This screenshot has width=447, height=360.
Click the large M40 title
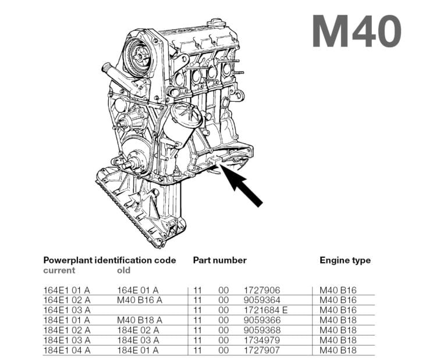356,31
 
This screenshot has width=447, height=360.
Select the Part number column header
219,260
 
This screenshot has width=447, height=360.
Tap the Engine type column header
345,260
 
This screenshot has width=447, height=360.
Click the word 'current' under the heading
59,270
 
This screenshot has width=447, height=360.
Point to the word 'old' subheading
124,270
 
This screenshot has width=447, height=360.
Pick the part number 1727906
262,290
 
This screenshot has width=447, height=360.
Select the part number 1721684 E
266,310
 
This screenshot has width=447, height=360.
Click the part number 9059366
262,320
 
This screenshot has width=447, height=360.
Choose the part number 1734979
262,340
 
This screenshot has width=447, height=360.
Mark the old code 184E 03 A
138,340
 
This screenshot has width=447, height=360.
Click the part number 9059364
262,300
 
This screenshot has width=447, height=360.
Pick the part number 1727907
262,350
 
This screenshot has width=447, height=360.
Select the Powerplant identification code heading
109,260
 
